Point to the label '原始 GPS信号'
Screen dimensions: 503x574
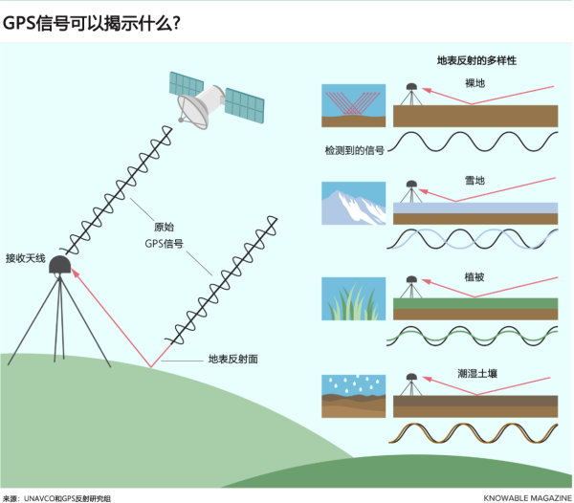[168, 235]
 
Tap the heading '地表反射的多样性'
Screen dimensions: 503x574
[475, 60]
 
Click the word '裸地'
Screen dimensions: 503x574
[475, 84]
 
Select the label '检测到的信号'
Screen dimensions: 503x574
[355, 150]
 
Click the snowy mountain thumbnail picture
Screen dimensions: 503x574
[354, 203]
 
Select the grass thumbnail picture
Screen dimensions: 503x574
[354, 299]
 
